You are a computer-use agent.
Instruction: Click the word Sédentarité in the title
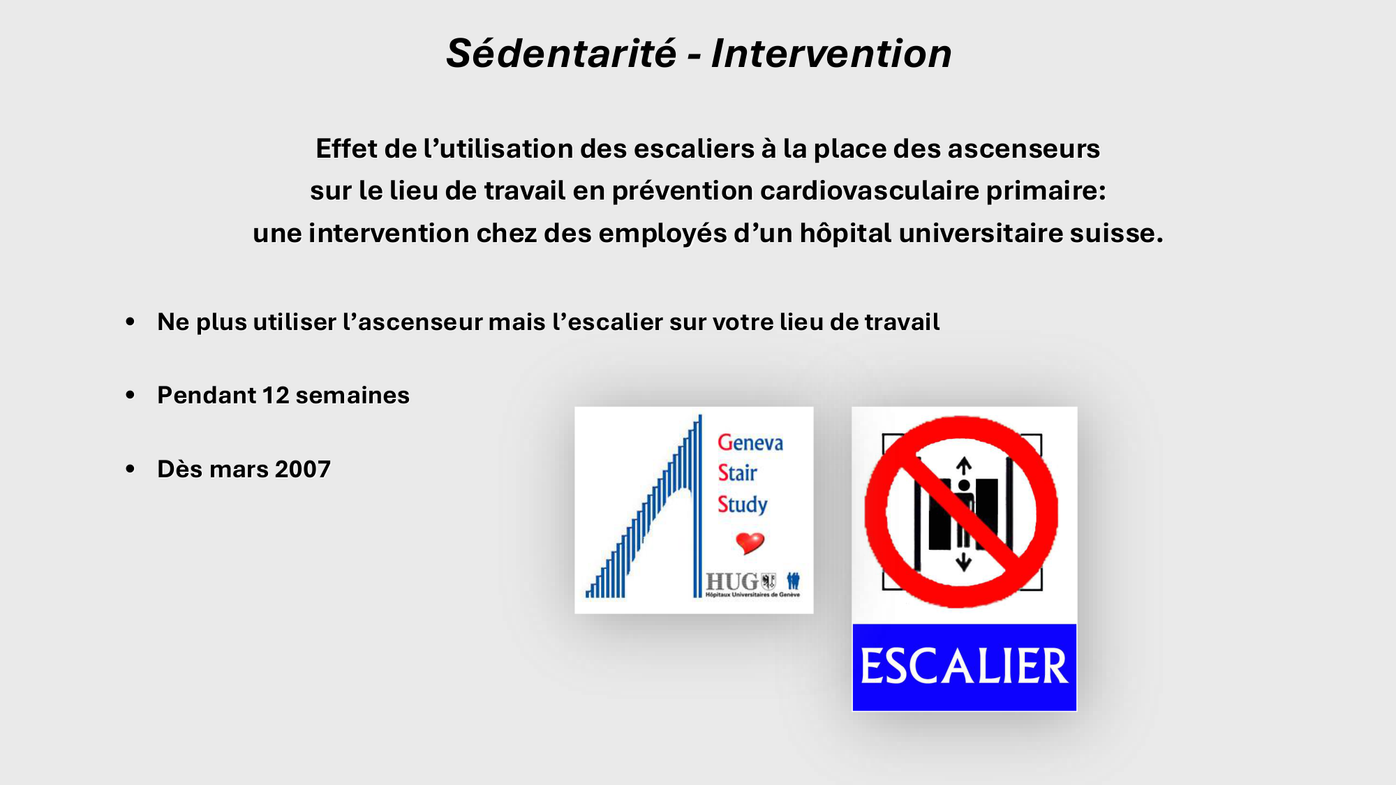[561, 54]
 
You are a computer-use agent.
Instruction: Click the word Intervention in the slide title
[831, 54]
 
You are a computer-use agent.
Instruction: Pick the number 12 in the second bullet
[276, 396]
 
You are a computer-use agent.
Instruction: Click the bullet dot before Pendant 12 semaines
[131, 395]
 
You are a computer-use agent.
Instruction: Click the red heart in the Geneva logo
[750, 542]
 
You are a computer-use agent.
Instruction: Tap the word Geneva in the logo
[750, 442]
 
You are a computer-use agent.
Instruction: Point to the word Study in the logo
[742, 504]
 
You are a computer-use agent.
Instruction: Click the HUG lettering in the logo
[732, 581]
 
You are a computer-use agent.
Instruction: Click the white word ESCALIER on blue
[964, 666]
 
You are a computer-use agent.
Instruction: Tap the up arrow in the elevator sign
[964, 465]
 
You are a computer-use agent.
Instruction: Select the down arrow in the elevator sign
[964, 562]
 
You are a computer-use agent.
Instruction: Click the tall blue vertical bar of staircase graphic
[697, 509]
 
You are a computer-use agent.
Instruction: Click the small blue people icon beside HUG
[793, 581]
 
